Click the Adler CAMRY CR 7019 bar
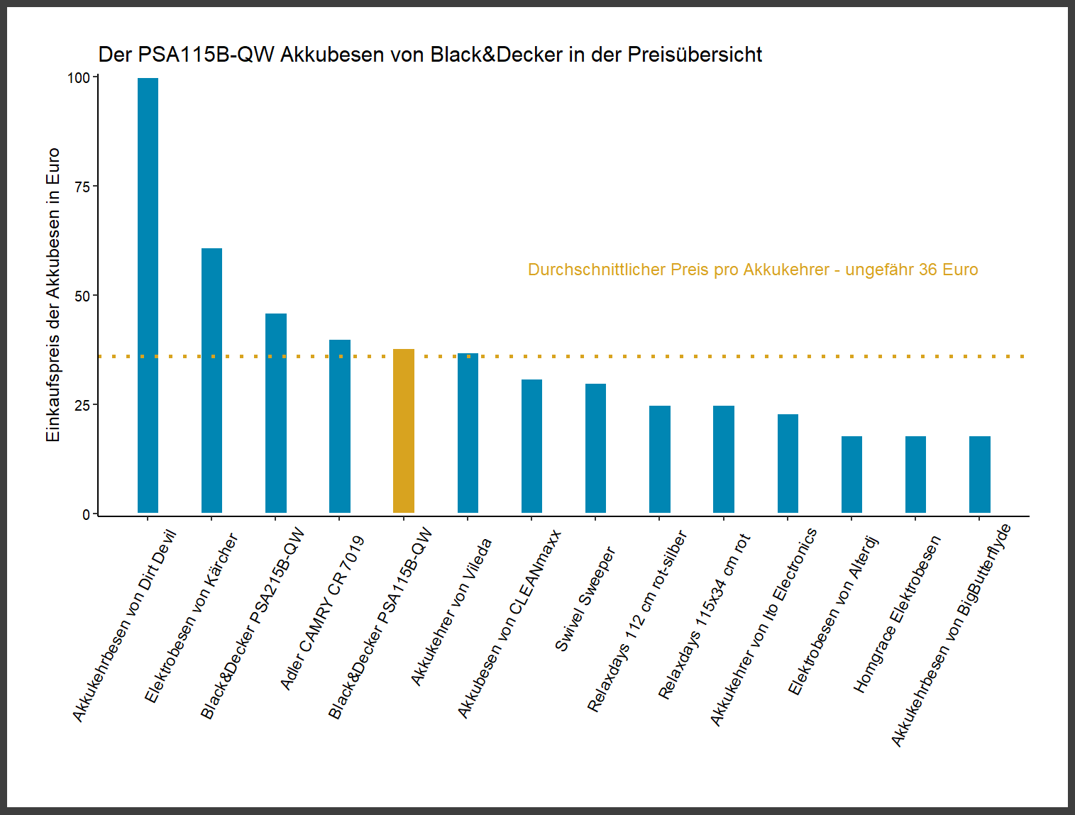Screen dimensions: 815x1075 point(339,426)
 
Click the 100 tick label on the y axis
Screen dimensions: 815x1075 point(78,78)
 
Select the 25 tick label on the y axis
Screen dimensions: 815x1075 point(82,405)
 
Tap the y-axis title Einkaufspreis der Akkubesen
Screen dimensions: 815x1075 point(53,294)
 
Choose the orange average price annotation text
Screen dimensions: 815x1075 point(752,270)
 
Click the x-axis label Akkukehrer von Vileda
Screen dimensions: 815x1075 point(451,611)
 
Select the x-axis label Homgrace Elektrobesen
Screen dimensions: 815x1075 point(897,614)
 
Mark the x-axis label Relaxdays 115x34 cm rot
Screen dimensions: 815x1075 point(704,616)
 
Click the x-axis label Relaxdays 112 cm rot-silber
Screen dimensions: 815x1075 point(637,621)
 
